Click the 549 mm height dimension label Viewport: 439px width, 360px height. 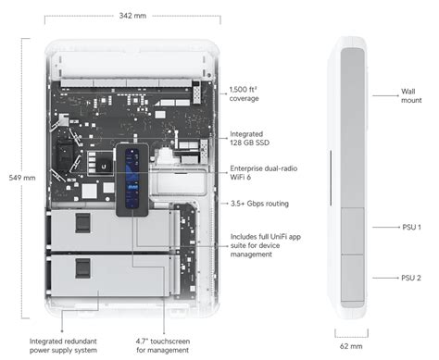click(x=20, y=177)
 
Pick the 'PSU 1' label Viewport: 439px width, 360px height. click(x=410, y=227)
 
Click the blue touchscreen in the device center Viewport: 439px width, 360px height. click(x=133, y=178)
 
